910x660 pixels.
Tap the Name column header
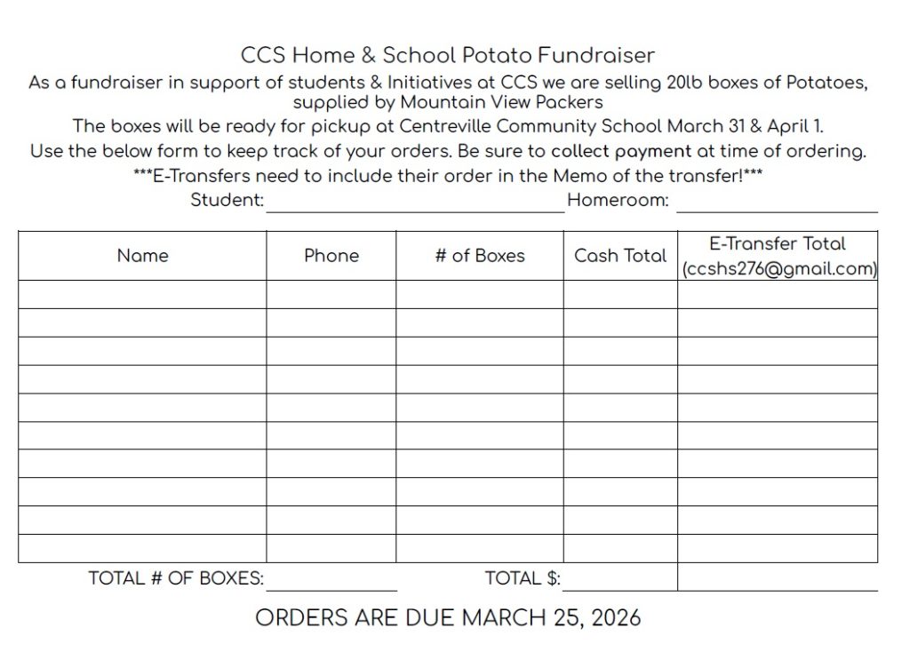tap(142, 256)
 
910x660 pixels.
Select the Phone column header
tap(331, 256)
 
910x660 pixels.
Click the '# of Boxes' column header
tap(480, 256)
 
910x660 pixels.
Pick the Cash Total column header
tap(620, 256)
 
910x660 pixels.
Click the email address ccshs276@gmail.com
tap(778, 269)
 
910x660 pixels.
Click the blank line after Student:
tap(415, 203)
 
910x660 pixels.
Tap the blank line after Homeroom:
tap(777, 203)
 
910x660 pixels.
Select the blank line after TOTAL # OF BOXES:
tap(331, 581)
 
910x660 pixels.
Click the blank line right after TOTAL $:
tap(619, 581)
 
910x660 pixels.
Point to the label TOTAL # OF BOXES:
tap(176, 578)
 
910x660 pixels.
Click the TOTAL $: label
tap(523, 578)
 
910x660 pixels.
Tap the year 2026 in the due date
tap(612, 617)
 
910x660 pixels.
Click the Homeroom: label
tap(618, 200)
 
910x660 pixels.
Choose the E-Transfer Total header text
tap(778, 243)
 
